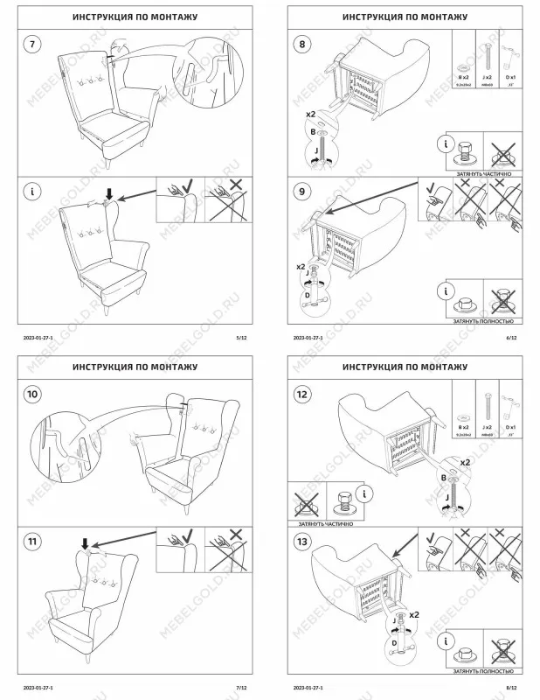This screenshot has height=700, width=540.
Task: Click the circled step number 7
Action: point(32,44)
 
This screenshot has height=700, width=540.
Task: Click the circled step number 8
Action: point(302,44)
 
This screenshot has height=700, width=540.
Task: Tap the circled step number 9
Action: point(302,190)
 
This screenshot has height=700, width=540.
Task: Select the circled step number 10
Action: point(32,395)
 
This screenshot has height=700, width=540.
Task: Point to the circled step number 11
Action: point(32,542)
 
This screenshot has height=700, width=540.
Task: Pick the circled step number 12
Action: point(302,395)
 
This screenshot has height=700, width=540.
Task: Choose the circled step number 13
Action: point(302,542)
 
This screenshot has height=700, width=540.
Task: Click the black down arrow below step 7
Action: point(109,192)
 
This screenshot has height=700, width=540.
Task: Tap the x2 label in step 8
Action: point(310,115)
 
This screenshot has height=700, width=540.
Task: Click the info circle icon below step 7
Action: point(32,190)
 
